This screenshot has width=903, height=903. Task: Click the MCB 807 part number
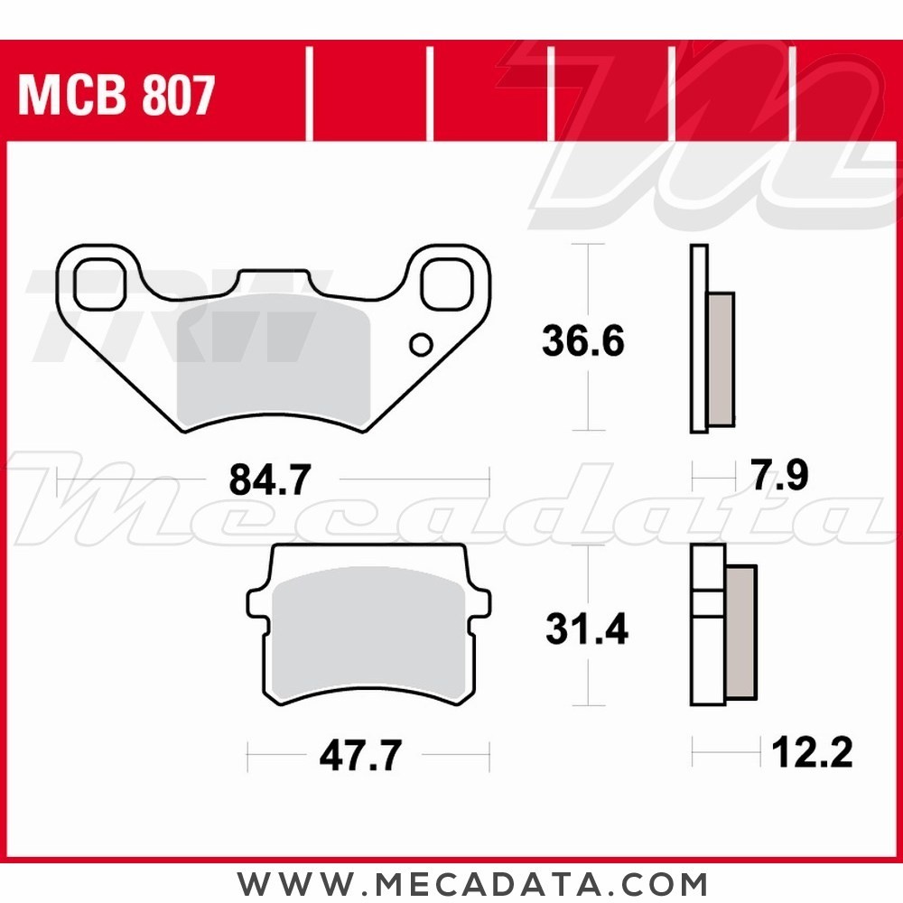(x=116, y=96)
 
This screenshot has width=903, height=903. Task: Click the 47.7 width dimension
(x=359, y=756)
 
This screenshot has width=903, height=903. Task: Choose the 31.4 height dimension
(x=586, y=629)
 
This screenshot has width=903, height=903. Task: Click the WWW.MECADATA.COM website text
(x=473, y=881)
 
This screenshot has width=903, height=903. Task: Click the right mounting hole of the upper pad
(x=449, y=283)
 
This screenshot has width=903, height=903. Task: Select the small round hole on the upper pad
(x=420, y=344)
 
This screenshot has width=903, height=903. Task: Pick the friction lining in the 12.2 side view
(x=740, y=632)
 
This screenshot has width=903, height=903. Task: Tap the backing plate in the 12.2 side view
(x=707, y=659)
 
